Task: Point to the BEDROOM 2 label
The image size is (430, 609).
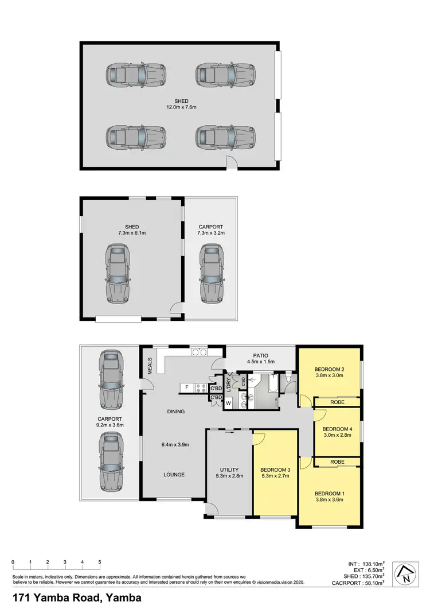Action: [329, 369]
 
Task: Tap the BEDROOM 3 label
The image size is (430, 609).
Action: [274, 469]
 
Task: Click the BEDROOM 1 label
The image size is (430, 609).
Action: [329, 492]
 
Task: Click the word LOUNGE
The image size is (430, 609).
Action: [173, 475]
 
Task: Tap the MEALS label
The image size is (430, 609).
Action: [150, 367]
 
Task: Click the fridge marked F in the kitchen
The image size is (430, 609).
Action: [187, 387]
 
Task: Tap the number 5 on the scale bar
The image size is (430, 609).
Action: [100, 562]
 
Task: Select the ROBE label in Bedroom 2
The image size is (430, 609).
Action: [337, 402]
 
